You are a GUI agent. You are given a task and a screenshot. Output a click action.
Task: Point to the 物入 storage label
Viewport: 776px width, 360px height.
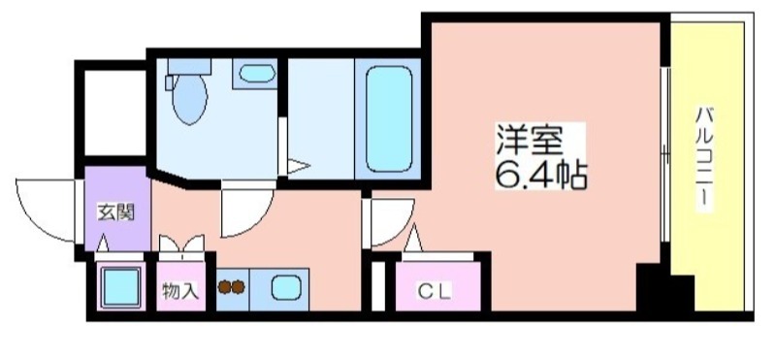point(180,291)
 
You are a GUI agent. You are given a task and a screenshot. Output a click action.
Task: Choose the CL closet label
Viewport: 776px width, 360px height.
point(435,292)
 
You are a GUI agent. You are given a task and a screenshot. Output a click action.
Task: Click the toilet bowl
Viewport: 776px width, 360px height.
point(189,99)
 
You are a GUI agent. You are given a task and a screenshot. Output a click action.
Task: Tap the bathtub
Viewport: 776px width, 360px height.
point(389,118)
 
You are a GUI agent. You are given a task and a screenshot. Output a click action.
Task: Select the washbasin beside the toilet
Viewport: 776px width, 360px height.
point(257,74)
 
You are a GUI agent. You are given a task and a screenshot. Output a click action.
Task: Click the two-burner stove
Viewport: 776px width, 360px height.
point(232,286)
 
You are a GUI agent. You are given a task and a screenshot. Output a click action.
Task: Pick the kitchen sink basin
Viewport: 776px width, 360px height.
point(286,288)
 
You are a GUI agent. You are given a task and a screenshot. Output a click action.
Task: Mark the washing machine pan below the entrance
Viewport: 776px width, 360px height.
point(121,286)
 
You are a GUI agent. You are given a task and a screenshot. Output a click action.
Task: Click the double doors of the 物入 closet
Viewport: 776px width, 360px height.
point(181,245)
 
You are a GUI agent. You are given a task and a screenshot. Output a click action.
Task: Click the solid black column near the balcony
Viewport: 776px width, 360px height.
point(664,288)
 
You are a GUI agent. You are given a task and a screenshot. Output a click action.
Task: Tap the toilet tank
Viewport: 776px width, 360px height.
point(189,66)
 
